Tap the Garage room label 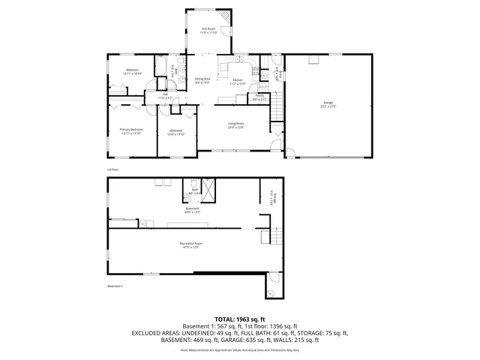(x=328, y=105)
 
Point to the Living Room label (x=237, y=126)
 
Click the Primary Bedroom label (x=131, y=130)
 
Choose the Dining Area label (x=202, y=79)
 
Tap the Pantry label (x=259, y=97)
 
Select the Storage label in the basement (x=274, y=198)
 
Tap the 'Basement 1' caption (x=115, y=286)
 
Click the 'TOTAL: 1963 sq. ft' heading (x=239, y=319)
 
